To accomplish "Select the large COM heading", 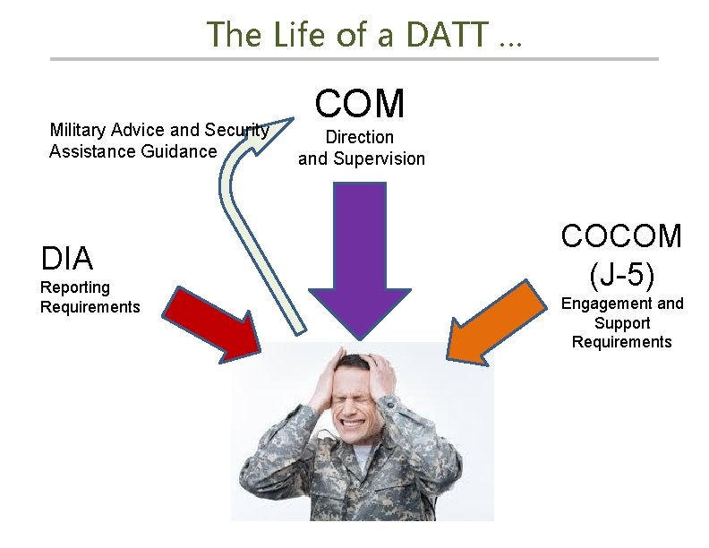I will point(360,104).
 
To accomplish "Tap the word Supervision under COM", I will point(378,159).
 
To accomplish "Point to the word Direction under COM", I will point(360,137).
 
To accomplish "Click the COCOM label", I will point(621,236).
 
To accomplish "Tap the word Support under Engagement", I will point(621,322).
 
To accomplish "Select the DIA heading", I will point(67,259).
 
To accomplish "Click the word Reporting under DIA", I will point(75,287).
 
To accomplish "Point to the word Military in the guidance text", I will point(81,131).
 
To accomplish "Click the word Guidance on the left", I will point(183,150).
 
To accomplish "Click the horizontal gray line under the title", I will point(354,59).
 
